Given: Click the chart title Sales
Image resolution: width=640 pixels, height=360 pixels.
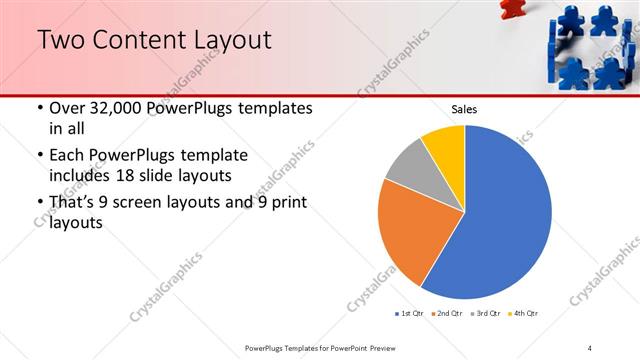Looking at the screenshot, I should (465, 109).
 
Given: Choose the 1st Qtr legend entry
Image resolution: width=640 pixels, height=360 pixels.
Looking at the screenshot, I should (410, 314).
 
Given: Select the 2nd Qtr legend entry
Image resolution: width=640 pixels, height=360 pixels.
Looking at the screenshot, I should (447, 314).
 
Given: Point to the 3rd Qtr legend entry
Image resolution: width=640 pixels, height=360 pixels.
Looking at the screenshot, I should (485, 314).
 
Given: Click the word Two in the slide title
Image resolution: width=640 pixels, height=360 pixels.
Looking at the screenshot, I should (62, 41).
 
